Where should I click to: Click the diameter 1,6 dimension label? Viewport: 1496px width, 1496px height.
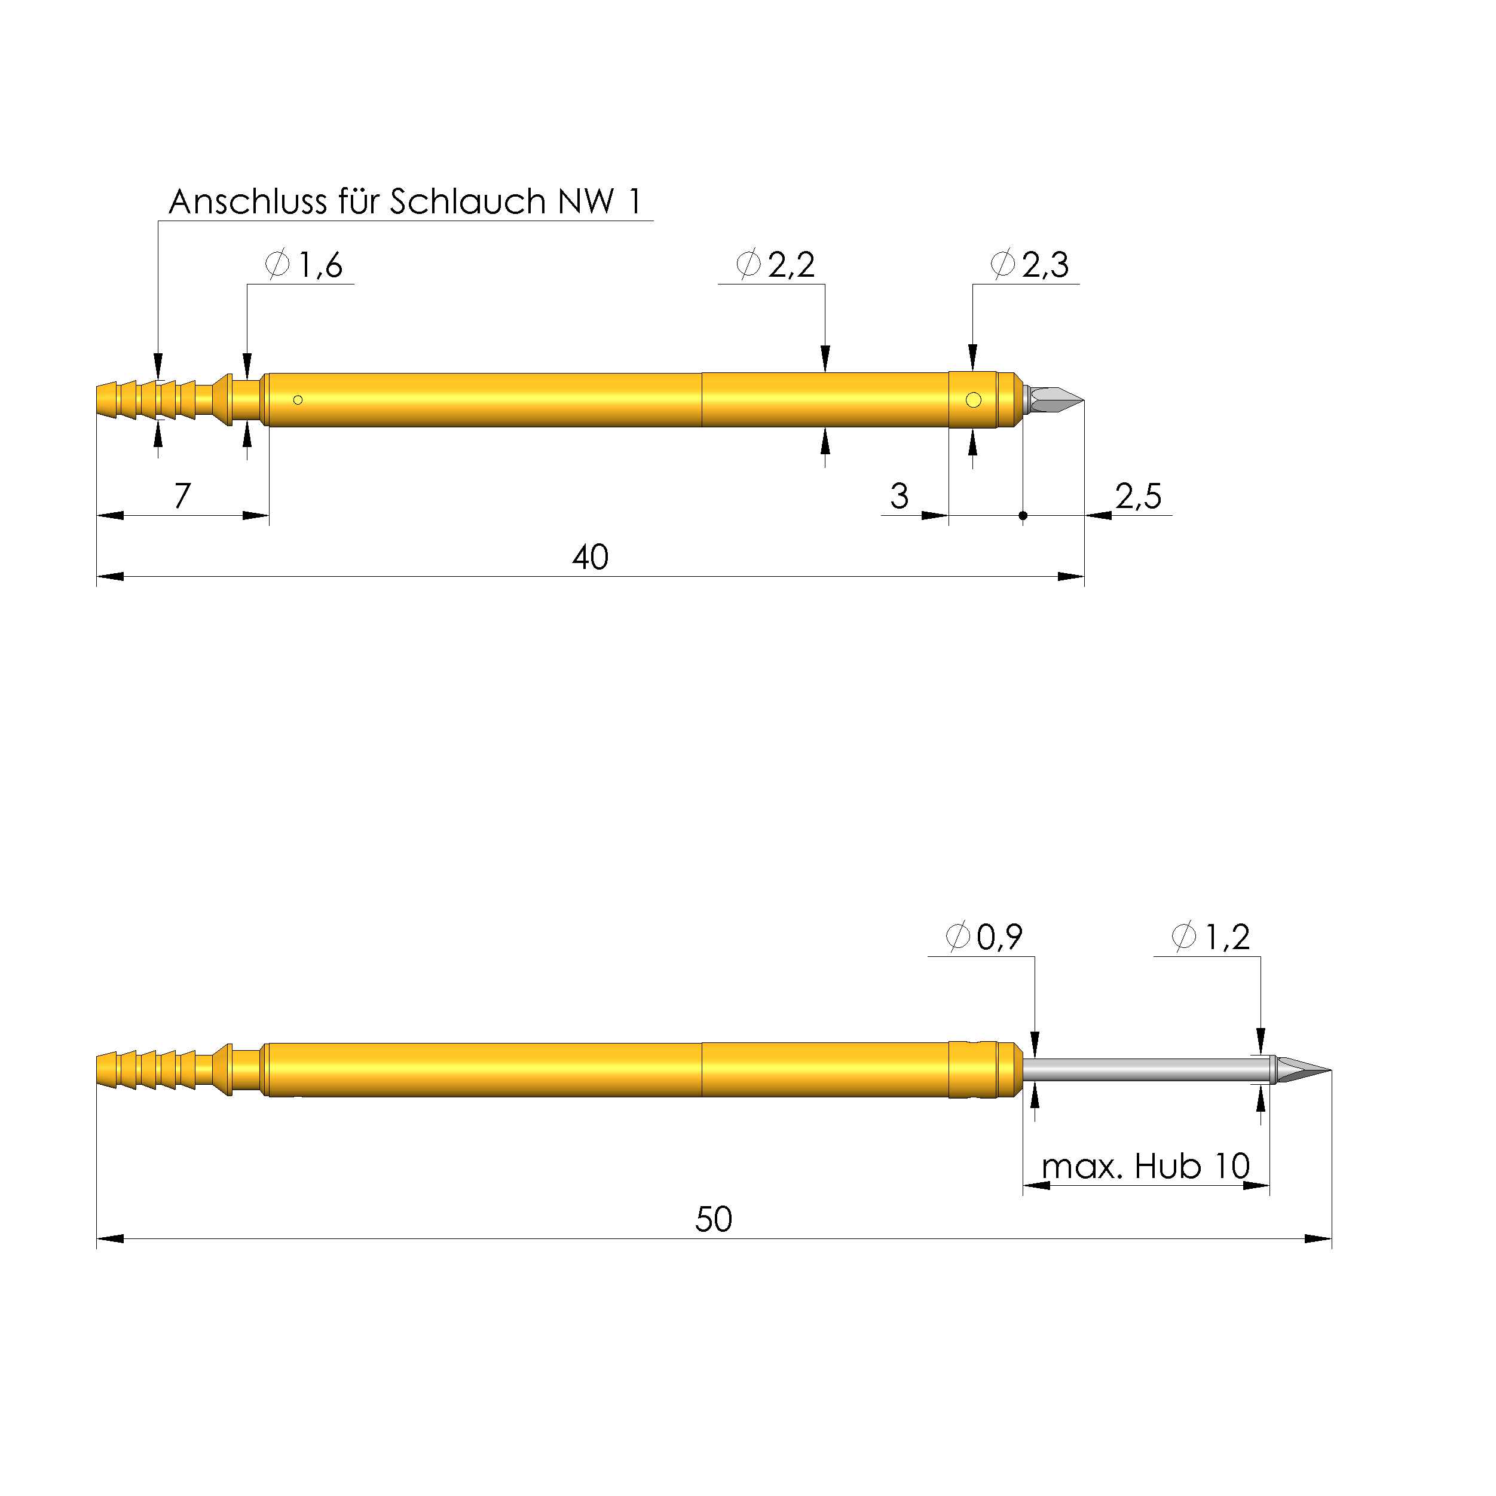305,265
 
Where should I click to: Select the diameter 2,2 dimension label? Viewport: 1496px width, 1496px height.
776,265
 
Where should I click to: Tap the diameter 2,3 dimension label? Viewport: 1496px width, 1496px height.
1030,265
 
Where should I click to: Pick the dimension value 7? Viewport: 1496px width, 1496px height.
182,496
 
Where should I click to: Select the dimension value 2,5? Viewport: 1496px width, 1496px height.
1138,496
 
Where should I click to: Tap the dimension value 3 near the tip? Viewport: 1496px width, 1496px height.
899,496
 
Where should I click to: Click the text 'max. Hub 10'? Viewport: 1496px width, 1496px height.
1146,1166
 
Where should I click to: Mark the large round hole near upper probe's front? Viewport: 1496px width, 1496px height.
974,400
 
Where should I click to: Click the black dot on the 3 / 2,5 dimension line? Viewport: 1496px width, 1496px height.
1023,516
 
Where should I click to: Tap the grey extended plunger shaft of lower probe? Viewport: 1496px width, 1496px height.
1146,1070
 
